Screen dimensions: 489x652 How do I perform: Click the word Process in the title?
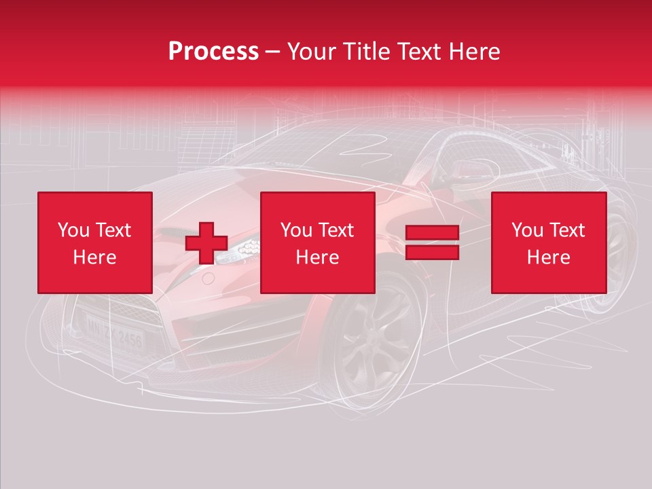(213, 52)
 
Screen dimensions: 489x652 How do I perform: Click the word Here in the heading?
(475, 52)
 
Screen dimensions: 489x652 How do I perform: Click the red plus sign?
(206, 243)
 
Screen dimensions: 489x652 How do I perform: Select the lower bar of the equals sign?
(433, 252)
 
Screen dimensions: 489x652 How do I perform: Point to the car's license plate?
(114, 332)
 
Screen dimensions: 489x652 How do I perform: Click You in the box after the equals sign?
(527, 230)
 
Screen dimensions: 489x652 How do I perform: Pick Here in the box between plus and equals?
(318, 257)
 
